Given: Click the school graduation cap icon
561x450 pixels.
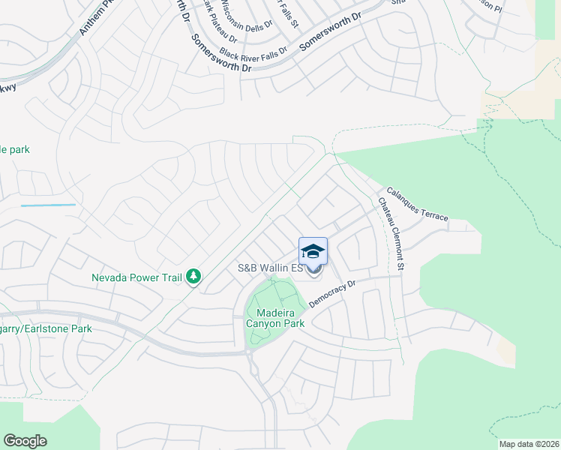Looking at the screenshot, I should tap(313, 250).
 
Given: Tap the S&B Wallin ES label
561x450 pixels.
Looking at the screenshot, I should tap(270, 268).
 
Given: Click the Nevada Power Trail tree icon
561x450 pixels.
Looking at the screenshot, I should tap(193, 277).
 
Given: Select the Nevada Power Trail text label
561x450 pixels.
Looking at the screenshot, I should tap(136, 277).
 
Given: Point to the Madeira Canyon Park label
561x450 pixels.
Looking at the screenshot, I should tap(270, 318).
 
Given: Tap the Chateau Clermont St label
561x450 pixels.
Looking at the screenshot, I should tap(391, 233).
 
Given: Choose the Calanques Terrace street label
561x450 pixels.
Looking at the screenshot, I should tap(417, 203).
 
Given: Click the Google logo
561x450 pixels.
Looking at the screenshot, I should tap(25, 441).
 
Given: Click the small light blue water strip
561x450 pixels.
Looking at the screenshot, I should tap(48, 205).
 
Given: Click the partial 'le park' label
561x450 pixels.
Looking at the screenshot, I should tap(15, 150).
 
